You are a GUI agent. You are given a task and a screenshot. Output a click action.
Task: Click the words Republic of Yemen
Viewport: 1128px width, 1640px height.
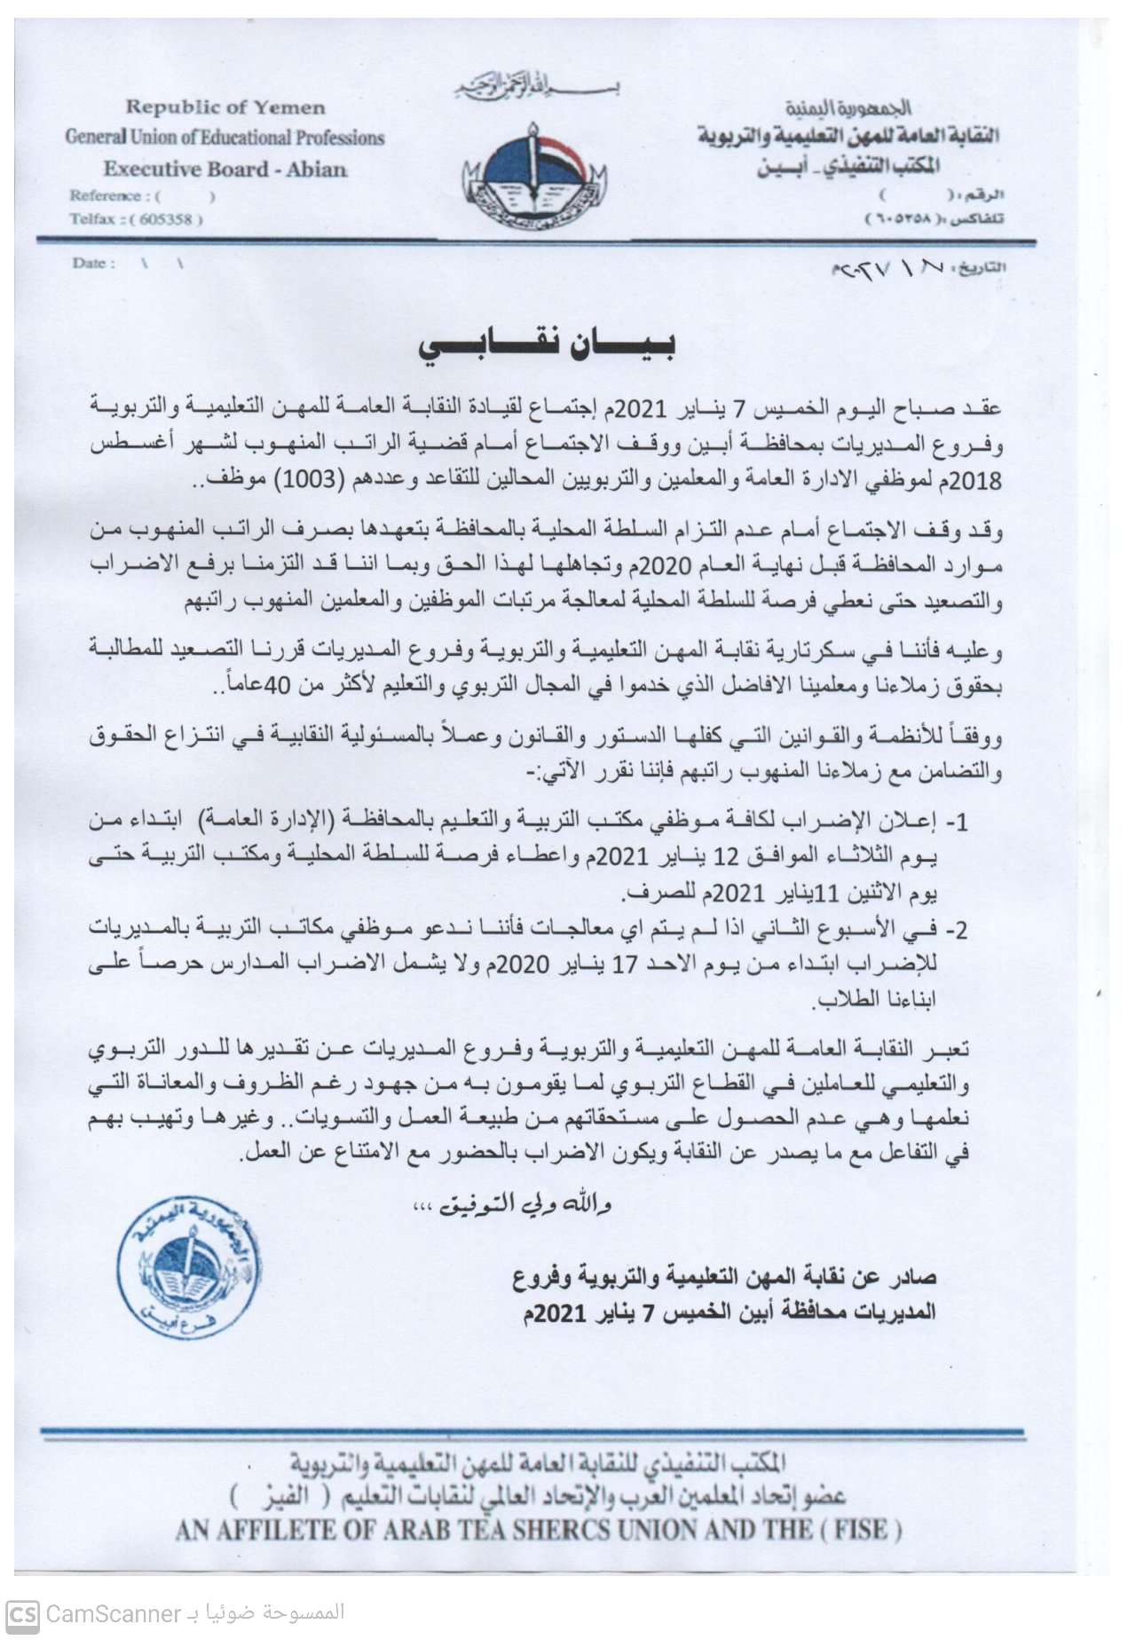225,107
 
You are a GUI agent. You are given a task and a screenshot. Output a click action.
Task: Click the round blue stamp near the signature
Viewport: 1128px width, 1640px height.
189,1270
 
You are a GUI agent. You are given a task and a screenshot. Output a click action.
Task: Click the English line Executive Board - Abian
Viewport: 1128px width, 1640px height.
225,169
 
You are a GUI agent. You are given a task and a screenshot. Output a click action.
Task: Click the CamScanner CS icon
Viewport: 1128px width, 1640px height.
22,1612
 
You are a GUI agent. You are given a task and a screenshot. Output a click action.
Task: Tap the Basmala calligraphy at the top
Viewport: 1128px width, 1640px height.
536,87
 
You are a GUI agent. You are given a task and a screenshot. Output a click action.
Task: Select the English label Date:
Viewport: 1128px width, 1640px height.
93,263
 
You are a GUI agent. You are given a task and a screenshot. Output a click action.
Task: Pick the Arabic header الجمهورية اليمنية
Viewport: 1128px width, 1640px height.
848,108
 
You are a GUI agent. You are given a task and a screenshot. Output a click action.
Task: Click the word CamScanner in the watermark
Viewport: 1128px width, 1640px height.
113,1612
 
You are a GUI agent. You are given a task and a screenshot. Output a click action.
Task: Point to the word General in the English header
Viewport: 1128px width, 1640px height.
94,138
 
